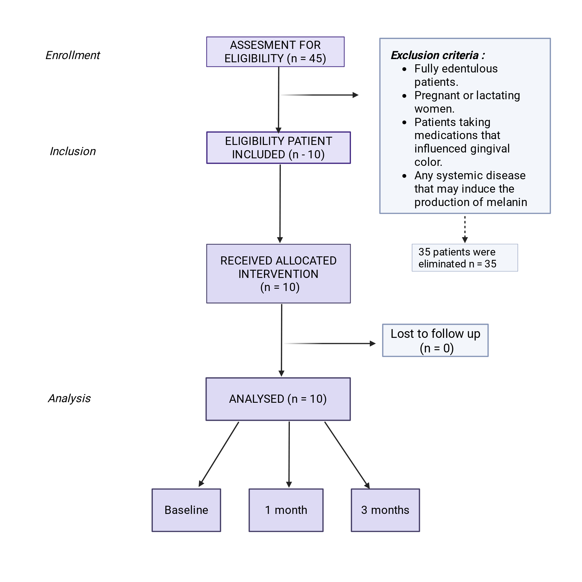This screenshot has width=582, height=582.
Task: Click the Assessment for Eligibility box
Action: [x=275, y=52]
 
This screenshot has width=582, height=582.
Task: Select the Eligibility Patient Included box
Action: [x=279, y=148]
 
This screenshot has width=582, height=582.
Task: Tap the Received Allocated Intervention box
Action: [x=279, y=274]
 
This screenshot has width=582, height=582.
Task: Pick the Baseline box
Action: [x=187, y=510]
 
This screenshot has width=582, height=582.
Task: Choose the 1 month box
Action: [x=286, y=510]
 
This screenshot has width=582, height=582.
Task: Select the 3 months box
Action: [x=386, y=510]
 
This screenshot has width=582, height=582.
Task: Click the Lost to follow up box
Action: [x=436, y=340]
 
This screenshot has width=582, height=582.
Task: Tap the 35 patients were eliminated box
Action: [x=465, y=258]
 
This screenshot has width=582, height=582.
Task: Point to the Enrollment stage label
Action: [x=72, y=55]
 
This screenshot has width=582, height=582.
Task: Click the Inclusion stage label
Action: [x=72, y=151]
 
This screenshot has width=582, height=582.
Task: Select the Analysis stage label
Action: [x=69, y=398]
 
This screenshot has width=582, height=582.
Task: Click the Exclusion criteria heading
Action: [x=438, y=55]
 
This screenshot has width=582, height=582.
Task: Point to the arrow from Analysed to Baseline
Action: [x=219, y=454]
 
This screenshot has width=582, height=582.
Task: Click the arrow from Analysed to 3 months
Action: [x=347, y=455]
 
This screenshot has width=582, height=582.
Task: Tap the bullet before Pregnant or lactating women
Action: [x=404, y=96]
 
